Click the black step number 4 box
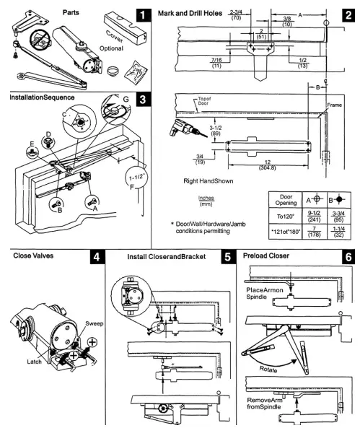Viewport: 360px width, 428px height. click(x=95, y=258)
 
